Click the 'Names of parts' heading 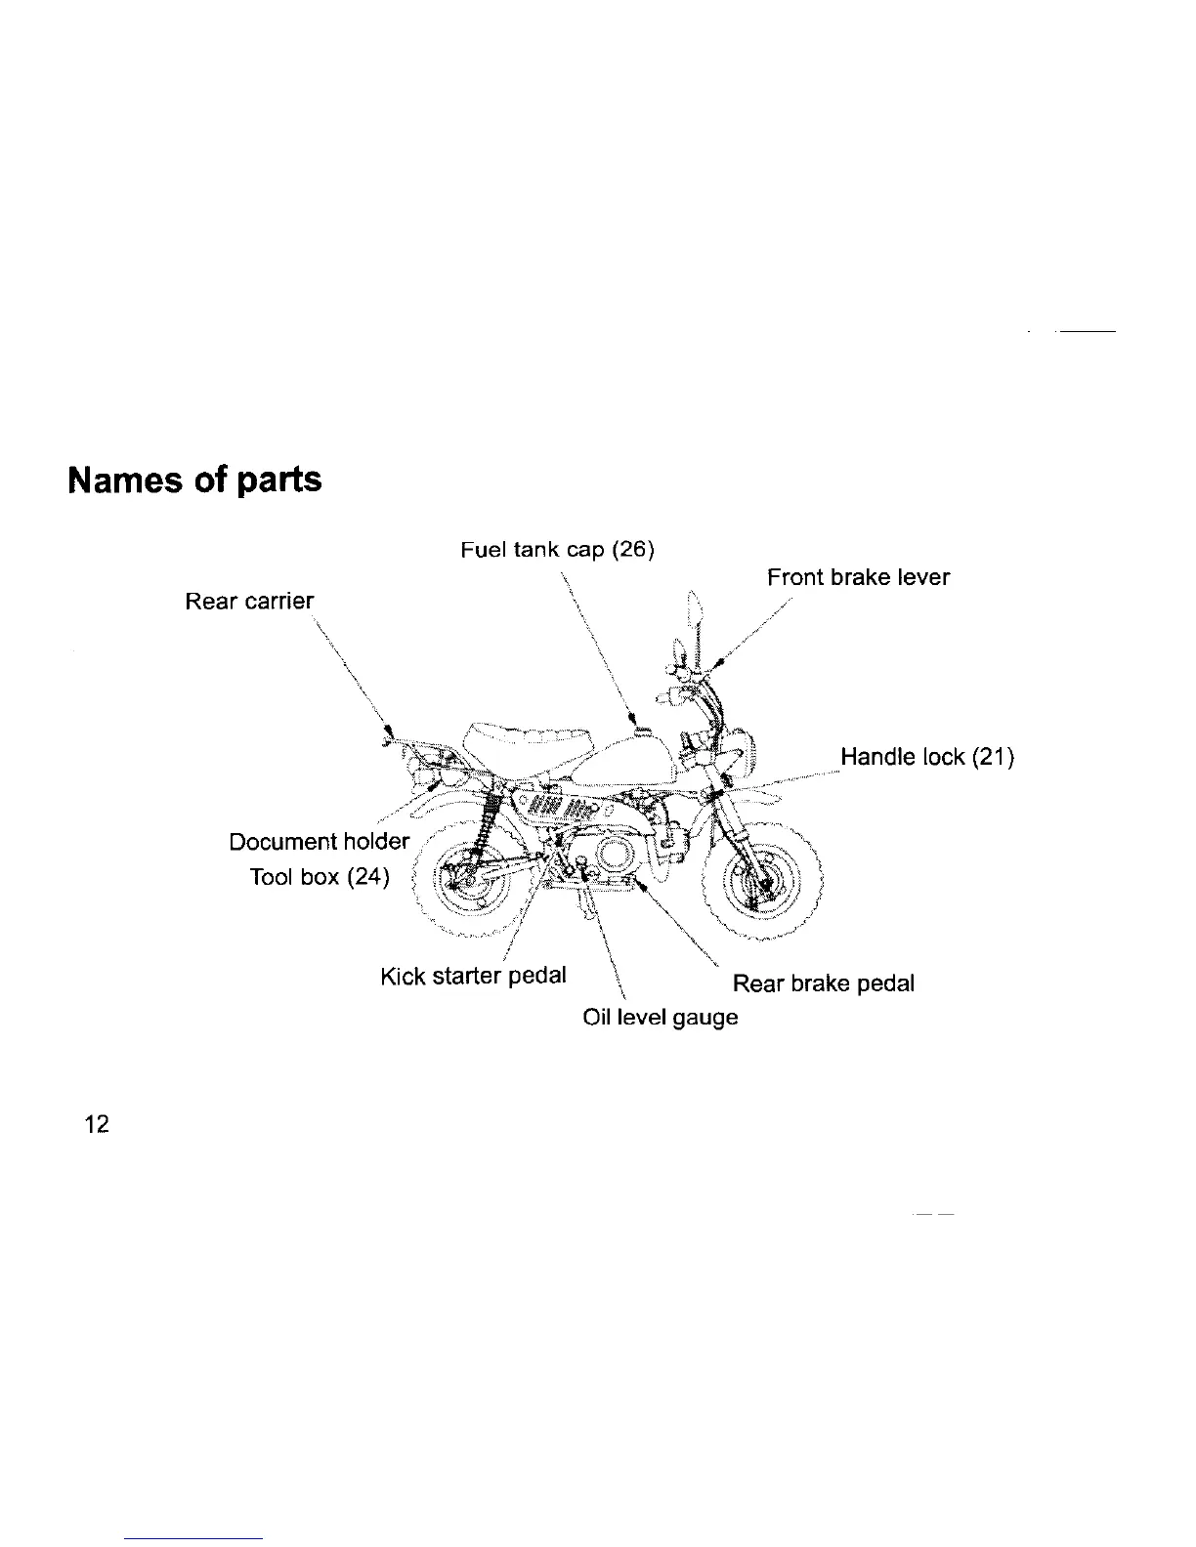coord(194,480)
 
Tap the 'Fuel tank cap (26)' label coord(556,549)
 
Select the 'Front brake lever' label coord(857,577)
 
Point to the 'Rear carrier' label coord(249,602)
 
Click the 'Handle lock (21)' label coord(926,757)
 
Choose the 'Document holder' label coord(319,842)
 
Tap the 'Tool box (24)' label coord(320,876)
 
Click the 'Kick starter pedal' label coord(473,976)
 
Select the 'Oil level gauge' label coord(660,1017)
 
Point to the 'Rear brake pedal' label coord(823,983)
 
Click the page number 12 coord(97,1124)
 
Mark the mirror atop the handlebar coord(695,610)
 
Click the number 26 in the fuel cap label coord(631,549)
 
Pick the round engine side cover coord(614,858)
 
